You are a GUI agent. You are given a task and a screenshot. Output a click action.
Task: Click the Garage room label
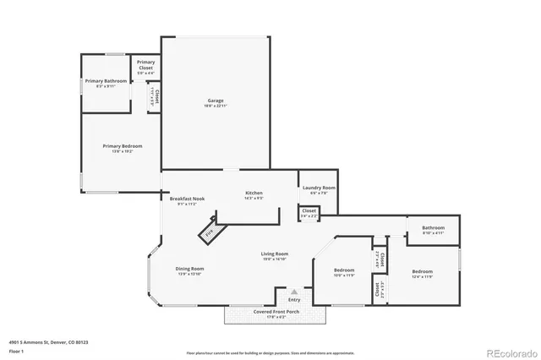[x=216, y=101]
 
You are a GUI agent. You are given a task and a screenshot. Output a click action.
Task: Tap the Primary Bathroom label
[x=106, y=80]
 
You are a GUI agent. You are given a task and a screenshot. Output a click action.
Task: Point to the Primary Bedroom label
[x=123, y=146]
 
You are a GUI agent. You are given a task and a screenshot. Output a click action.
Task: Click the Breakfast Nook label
[x=186, y=199]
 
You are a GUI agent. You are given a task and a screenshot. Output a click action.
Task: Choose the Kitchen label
[x=254, y=193]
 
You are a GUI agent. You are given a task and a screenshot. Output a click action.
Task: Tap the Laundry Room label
[x=319, y=188]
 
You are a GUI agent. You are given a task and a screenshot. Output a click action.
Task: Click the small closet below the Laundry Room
[x=309, y=213]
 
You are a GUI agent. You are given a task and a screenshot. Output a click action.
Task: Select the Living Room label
[x=274, y=254]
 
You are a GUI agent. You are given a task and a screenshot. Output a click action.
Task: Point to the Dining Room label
[x=190, y=269]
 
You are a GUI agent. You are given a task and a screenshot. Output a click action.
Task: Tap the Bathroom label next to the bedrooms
[x=434, y=227]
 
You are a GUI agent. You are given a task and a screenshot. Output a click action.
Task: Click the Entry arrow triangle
[x=294, y=292]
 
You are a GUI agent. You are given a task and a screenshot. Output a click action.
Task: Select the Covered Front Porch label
[x=275, y=312]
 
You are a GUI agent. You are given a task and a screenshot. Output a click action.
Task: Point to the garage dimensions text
[x=216, y=106]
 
